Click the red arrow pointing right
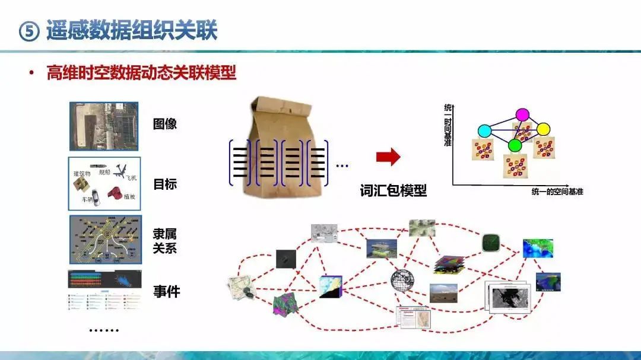[x=389, y=157]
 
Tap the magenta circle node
[x=522, y=114]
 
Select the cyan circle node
[x=484, y=130]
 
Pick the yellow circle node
[x=544, y=129]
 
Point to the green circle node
[x=515, y=145]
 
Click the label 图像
[x=165, y=125]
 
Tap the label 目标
[x=165, y=184]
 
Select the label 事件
[x=166, y=291]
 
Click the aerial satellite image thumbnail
[x=104, y=126]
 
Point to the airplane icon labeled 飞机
[x=122, y=171]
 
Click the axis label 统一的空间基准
[x=557, y=192]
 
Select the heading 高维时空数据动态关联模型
[x=141, y=74]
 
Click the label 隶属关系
[x=165, y=241]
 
